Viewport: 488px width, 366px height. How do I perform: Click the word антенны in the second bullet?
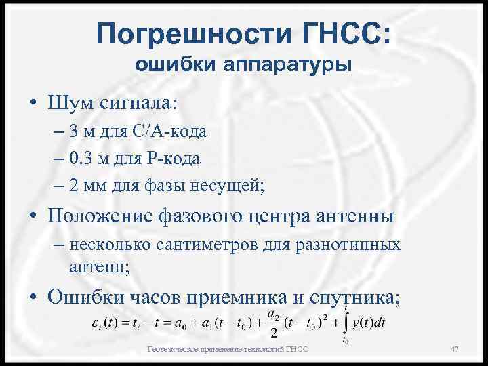coord(352,218)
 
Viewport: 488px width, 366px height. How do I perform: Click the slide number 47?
coord(455,349)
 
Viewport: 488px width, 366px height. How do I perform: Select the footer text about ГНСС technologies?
coord(228,349)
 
